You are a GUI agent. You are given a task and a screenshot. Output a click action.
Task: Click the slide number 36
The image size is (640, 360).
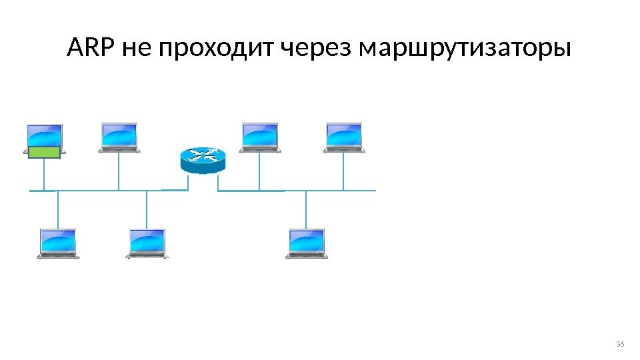tap(620, 344)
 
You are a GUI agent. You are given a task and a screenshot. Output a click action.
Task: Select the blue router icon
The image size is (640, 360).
tap(203, 161)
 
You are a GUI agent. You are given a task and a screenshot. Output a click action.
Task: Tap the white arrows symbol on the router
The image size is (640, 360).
tap(203, 155)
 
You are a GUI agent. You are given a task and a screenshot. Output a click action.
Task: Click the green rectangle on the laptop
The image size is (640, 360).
tap(45, 154)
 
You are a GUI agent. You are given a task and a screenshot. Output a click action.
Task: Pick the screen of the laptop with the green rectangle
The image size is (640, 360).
tap(44, 135)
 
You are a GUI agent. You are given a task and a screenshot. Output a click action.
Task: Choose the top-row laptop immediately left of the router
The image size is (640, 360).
tap(119, 137)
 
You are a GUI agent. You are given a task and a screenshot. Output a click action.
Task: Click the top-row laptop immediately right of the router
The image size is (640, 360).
tap(260, 137)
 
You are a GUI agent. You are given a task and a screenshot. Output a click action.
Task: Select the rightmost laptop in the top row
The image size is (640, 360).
tap(344, 137)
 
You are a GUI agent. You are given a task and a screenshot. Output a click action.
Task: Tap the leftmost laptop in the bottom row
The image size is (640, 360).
tap(58, 243)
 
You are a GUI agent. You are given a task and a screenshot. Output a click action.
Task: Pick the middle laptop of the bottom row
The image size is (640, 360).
tap(147, 243)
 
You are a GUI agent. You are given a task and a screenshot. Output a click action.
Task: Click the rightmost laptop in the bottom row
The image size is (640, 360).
tap(307, 243)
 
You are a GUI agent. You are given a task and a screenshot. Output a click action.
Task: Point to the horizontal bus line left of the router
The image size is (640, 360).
tap(100, 191)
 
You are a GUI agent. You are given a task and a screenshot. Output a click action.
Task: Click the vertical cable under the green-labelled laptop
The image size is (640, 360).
tap(44, 175)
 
